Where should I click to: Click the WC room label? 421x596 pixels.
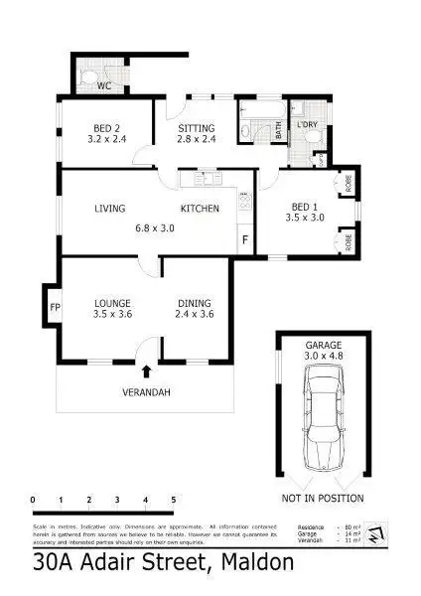pyautogui.click(x=103, y=86)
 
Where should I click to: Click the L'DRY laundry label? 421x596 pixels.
pyautogui.click(x=306, y=125)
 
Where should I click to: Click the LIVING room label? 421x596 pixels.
pyautogui.click(x=110, y=209)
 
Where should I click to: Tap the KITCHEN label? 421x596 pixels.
pyautogui.click(x=199, y=209)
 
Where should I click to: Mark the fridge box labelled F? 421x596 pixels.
pyautogui.click(x=244, y=239)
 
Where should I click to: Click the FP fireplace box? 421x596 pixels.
pyautogui.click(x=55, y=307)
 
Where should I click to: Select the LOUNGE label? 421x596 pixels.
pyautogui.click(x=113, y=303)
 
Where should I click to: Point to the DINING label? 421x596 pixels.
pyautogui.click(x=195, y=303)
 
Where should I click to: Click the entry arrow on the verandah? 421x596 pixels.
pyautogui.click(x=147, y=372)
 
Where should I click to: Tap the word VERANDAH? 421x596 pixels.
pyautogui.click(x=147, y=392)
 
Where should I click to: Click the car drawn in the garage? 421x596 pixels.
pyautogui.click(x=323, y=417)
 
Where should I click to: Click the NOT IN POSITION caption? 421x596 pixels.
pyautogui.click(x=323, y=498)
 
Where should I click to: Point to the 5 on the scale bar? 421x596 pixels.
pyautogui.click(x=174, y=500)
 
